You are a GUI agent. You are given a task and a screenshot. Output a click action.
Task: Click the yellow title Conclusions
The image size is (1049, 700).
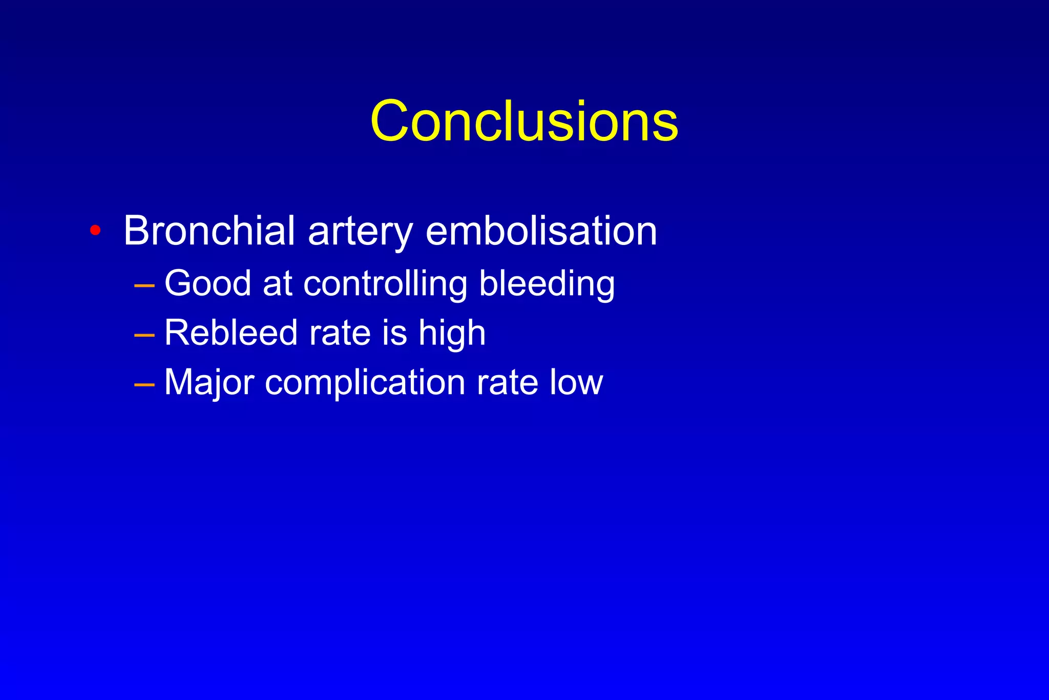coord(524,121)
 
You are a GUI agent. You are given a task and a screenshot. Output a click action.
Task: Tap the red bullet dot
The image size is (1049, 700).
coord(95,230)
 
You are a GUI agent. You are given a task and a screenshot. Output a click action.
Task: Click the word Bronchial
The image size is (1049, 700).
coord(209,231)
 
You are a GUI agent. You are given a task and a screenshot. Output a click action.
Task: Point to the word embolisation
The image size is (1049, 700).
coord(541,231)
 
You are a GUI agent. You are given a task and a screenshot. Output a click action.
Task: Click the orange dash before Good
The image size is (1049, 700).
coord(144,285)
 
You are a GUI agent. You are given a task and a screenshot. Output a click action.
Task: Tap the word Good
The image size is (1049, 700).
coord(207,283)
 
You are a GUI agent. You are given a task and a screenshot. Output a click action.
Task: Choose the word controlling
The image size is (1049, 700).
coord(385,283)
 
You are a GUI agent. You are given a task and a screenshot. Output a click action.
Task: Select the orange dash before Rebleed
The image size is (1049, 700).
coord(144,335)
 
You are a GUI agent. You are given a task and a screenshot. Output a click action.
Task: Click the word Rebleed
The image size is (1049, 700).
coord(230,333)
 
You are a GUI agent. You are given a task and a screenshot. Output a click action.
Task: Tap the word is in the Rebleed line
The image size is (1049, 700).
coord(394,333)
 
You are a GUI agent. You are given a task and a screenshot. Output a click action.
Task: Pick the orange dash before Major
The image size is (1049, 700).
coord(144,384)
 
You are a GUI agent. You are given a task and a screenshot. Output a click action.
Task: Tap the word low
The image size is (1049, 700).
coord(576,382)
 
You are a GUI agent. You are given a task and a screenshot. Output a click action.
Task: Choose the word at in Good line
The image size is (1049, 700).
coord(277,283)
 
